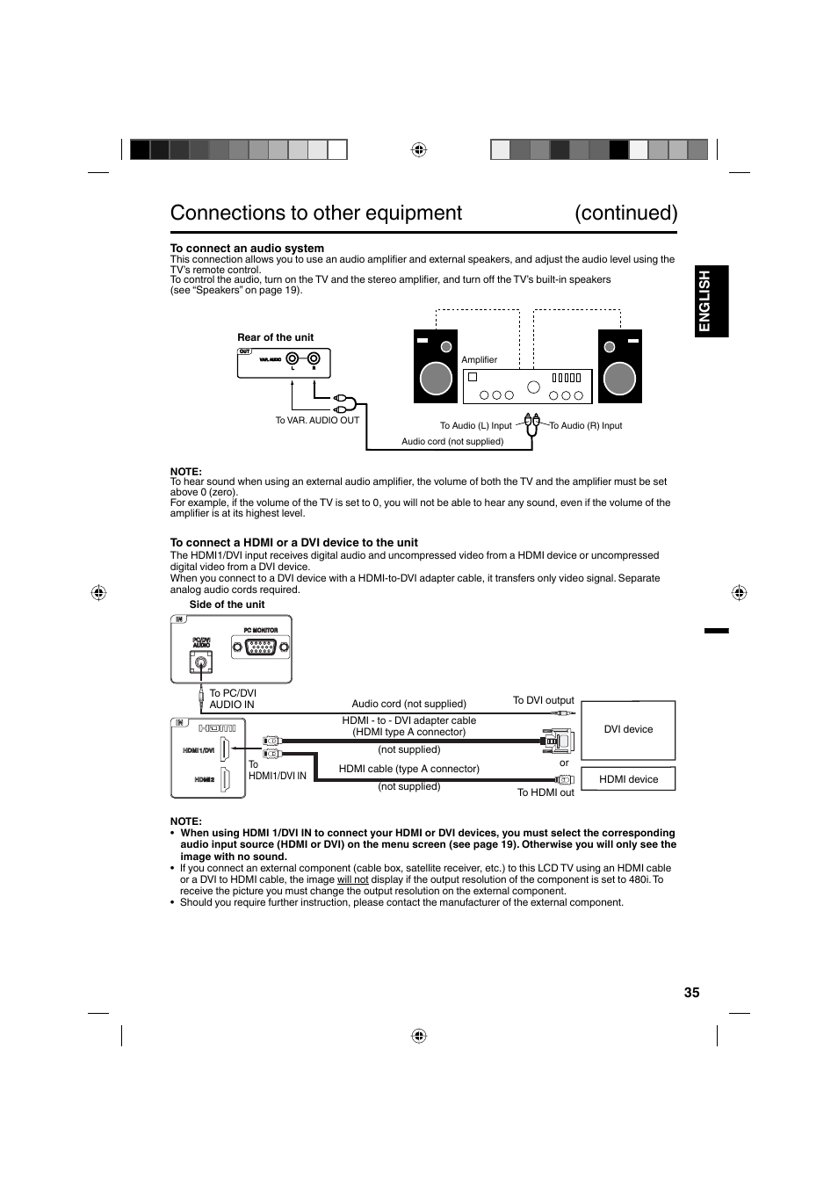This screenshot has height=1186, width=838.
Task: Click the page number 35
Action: (x=691, y=992)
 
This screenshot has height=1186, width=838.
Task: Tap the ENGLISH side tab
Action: (x=704, y=301)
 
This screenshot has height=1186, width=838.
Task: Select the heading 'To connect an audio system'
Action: (x=247, y=249)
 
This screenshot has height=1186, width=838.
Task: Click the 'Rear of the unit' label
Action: (x=275, y=337)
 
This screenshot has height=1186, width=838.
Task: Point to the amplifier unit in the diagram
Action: (x=527, y=387)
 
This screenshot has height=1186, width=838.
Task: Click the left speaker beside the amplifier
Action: (x=436, y=366)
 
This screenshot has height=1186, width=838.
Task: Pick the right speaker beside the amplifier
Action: (x=619, y=366)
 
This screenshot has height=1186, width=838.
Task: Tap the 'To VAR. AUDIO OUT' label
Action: (x=317, y=420)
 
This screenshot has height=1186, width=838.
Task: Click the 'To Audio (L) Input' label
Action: (x=475, y=426)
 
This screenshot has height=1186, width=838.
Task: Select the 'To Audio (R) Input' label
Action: (x=586, y=426)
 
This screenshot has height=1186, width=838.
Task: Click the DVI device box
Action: (x=628, y=730)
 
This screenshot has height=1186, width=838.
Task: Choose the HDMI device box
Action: (x=628, y=779)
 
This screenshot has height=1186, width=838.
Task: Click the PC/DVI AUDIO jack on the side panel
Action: (x=202, y=664)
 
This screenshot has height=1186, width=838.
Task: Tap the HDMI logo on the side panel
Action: (x=217, y=728)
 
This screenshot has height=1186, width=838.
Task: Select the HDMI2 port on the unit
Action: (x=225, y=779)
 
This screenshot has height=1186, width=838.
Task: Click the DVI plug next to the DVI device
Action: (x=558, y=741)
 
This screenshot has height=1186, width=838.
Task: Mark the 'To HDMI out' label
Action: (x=545, y=792)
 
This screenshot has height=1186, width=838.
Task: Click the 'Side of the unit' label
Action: (x=227, y=604)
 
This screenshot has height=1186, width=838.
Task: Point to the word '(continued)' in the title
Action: (x=626, y=213)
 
